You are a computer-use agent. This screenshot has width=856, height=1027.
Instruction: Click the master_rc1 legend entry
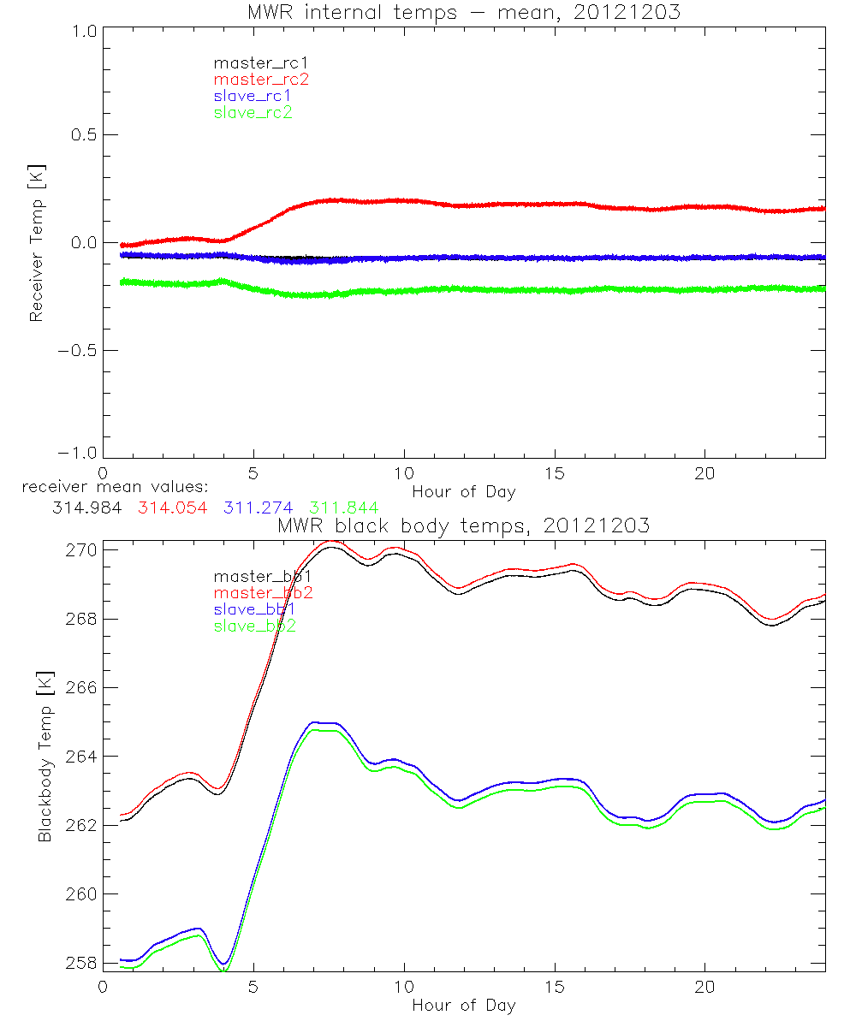point(253,62)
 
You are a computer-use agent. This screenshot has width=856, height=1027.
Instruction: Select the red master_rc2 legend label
point(261,79)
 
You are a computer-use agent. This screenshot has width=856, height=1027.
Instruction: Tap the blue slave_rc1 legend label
point(253,95)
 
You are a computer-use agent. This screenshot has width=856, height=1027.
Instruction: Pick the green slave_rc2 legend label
point(253,112)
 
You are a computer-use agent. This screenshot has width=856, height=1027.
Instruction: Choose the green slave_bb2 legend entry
point(256,626)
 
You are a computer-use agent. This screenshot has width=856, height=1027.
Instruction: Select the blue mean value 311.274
point(258,508)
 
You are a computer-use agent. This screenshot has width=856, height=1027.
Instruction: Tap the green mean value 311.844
point(344,508)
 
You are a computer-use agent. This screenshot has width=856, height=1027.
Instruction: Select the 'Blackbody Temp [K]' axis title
point(45,757)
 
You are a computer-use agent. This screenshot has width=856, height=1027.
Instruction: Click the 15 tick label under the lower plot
point(555,985)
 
